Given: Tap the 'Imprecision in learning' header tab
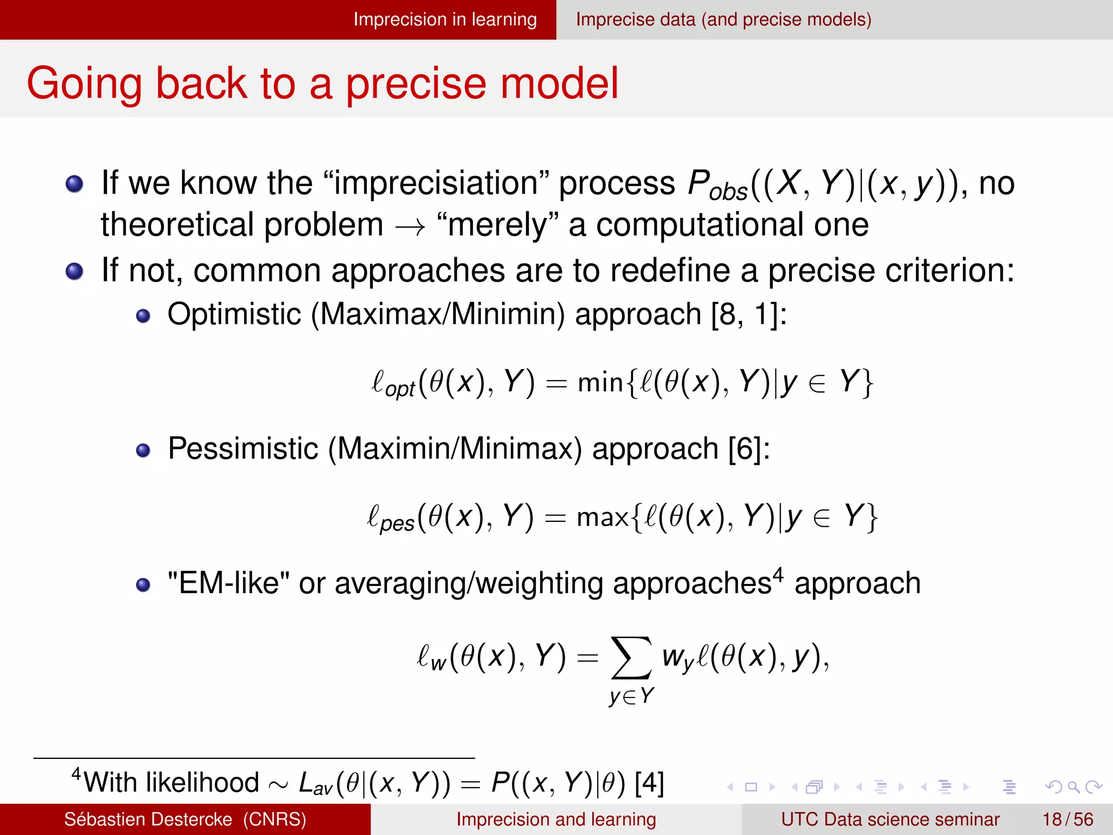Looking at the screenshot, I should click(x=445, y=20).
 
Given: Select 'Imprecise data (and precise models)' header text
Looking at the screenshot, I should click(x=723, y=20).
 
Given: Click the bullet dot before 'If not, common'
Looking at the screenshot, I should click(x=74, y=271).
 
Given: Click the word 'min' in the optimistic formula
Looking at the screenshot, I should click(x=600, y=382).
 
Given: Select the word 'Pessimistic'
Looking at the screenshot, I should click(x=243, y=449).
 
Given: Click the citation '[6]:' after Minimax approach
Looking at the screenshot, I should click(x=749, y=449).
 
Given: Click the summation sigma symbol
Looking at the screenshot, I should click(x=631, y=658).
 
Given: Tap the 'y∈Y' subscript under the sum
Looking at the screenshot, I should click(x=631, y=696).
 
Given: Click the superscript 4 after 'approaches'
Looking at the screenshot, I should click(x=778, y=575).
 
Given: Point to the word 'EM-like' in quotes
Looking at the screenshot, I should click(x=229, y=584).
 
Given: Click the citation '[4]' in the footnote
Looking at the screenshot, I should click(x=649, y=783).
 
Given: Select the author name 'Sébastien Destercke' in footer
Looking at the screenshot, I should click(x=148, y=819).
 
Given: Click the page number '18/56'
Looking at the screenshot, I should click(x=1067, y=819).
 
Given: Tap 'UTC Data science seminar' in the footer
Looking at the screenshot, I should click(x=890, y=819).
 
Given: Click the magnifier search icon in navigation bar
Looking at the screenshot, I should click(x=1073, y=787).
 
